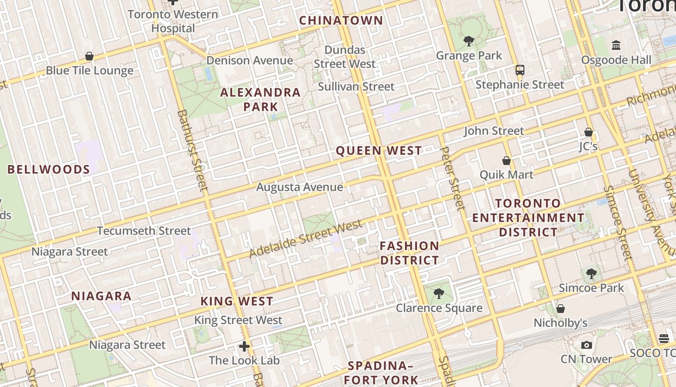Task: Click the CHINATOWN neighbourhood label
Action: pyautogui.click(x=341, y=21)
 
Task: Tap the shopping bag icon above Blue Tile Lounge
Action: pyautogui.click(x=89, y=57)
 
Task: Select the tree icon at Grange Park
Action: pyautogui.click(x=468, y=41)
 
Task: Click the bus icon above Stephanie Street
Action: pyautogui.click(x=520, y=70)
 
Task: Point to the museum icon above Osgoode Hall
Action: pyautogui.click(x=616, y=45)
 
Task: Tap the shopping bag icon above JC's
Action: pyautogui.click(x=588, y=132)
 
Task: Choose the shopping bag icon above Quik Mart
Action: pyautogui.click(x=507, y=161)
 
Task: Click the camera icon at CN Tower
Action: pyautogui.click(x=587, y=345)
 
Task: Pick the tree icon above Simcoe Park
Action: pyautogui.click(x=591, y=274)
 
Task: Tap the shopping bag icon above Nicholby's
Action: pyautogui.click(x=561, y=309)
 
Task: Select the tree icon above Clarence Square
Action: pyautogui.click(x=438, y=293)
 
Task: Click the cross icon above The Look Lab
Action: pyautogui.click(x=244, y=346)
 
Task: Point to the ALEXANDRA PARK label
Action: pyautogui.click(x=261, y=100)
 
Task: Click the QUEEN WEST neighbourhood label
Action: pyautogui.click(x=379, y=151)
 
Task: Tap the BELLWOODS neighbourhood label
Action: pyautogui.click(x=49, y=169)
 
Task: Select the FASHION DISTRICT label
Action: pyautogui.click(x=409, y=253)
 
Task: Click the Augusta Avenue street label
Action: pyautogui.click(x=300, y=187)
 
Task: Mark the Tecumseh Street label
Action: pyautogui.click(x=144, y=231)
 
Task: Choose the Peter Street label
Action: pyautogui.click(x=453, y=179)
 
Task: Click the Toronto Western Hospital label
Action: pyautogui.click(x=173, y=21)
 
